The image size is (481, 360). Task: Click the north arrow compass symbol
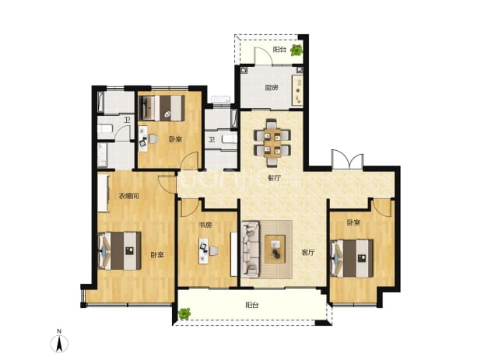[x=59, y=342]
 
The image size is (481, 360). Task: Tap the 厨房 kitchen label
[x=272, y=88]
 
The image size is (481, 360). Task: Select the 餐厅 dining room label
[x=274, y=178]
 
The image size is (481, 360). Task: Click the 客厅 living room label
[x=308, y=253]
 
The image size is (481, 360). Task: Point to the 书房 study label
[x=205, y=225]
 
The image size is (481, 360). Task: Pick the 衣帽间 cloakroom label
[x=129, y=196]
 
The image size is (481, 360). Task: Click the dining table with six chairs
[x=272, y=142]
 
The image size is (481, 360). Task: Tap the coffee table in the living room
[x=276, y=249]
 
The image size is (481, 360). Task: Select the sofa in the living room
[x=251, y=250]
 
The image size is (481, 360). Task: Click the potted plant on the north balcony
[x=297, y=50]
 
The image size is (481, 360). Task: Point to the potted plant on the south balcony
[x=184, y=313]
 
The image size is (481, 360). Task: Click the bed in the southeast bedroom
[x=352, y=258]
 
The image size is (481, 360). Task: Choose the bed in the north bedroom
[x=162, y=108]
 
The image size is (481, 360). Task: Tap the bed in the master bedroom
[x=120, y=251]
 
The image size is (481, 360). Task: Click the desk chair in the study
[x=214, y=251]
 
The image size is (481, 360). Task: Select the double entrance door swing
[x=347, y=159]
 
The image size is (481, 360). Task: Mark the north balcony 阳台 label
[x=279, y=50]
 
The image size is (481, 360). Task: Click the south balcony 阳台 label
[x=252, y=305]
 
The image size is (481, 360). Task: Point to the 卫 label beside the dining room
[x=212, y=140]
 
